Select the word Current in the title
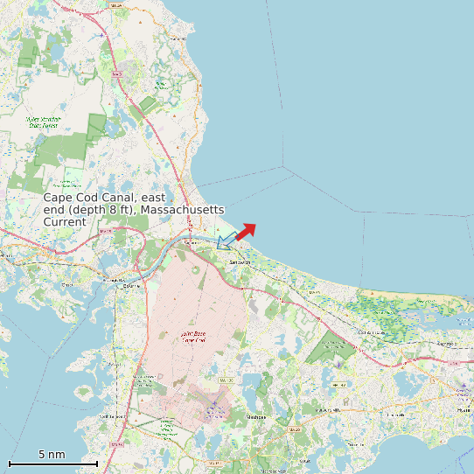[65, 222]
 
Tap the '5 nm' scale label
[52, 455]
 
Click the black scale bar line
[52, 463]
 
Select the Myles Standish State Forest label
[64, 122]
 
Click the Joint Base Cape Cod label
[192, 338]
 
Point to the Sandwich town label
[239, 262]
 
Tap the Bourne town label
[131, 285]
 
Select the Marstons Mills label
[327, 409]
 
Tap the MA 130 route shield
[226, 381]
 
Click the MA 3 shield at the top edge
[116, 4]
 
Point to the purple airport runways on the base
[215, 408]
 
